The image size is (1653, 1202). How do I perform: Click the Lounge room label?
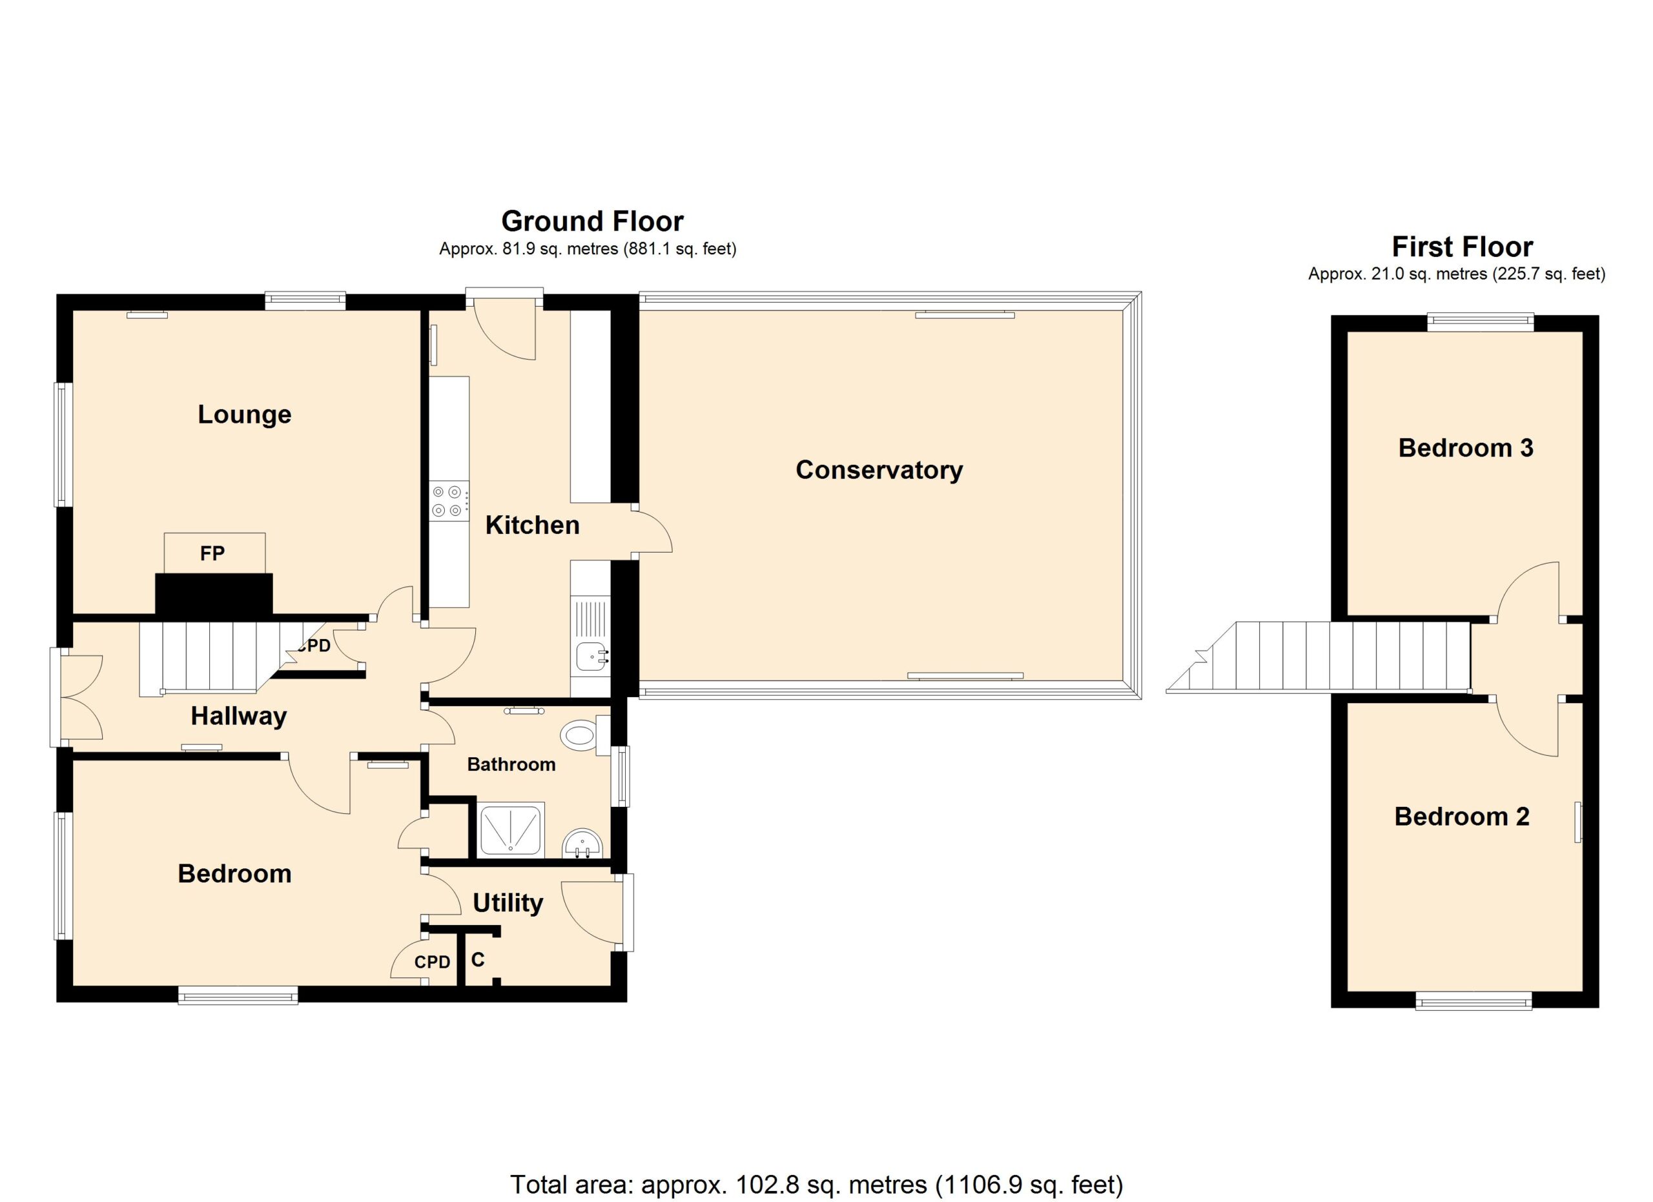pos(244,415)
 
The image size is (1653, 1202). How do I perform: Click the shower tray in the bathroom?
pos(511,830)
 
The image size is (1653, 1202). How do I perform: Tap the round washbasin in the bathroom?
pos(582,844)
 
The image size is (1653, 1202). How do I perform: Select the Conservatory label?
pos(879,470)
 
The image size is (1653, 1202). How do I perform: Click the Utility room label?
pos(508,903)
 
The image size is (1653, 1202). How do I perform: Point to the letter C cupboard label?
pos(477,959)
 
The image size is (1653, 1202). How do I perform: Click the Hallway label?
pos(238,717)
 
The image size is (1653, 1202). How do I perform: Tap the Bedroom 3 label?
pos(1465,447)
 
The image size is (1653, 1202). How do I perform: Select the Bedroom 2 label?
pos(1461,817)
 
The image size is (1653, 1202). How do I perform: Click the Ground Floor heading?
pos(593,221)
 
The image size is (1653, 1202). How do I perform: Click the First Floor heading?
pos(1462,247)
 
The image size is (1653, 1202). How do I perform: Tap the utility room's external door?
pos(596,913)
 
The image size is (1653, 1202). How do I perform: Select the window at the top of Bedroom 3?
pos(1479,321)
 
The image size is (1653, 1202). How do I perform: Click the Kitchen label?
pos(532,525)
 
